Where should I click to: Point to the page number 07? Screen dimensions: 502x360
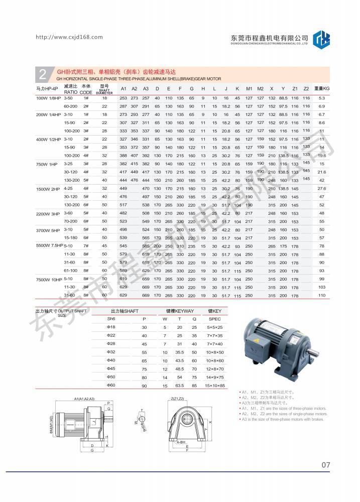[x=325, y=465]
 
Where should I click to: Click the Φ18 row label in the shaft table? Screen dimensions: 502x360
[x=111, y=327]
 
